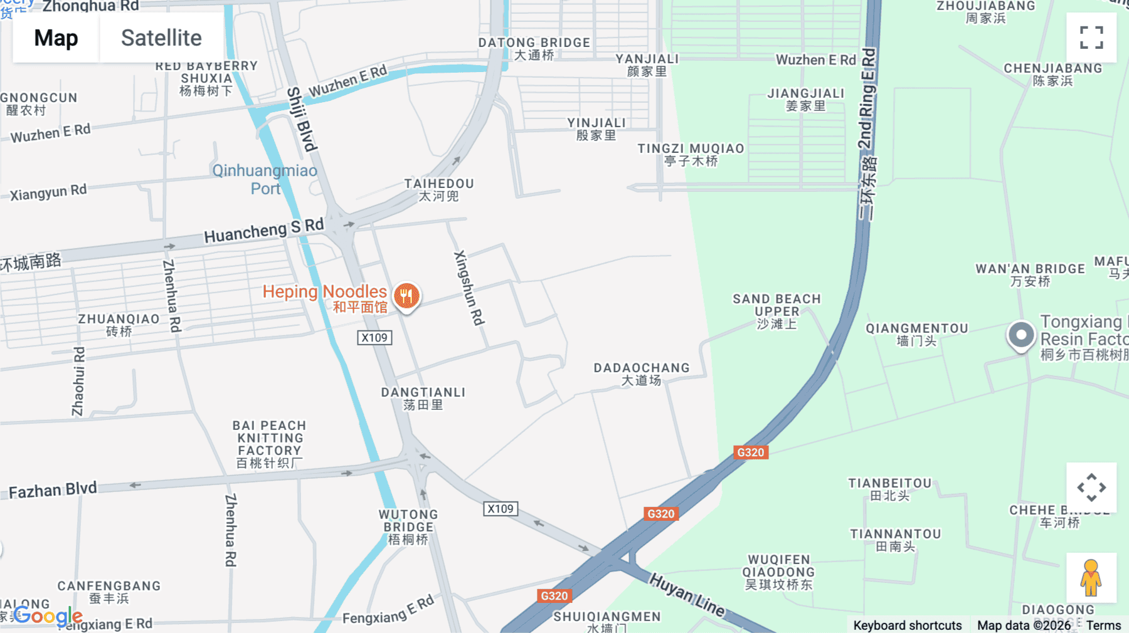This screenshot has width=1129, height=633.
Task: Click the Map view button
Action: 56,38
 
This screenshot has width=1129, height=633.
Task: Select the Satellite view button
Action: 161,38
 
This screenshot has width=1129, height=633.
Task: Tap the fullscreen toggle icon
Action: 1091,38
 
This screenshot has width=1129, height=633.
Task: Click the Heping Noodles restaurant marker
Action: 407,296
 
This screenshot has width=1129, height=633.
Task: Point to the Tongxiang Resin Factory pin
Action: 1020,335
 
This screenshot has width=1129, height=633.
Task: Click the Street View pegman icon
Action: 1091,578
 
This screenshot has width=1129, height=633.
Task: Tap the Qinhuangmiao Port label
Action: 265,179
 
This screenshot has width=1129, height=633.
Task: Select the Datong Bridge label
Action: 534,48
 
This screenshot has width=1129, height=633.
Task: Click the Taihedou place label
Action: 439,189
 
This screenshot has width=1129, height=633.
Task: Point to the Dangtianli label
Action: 423,398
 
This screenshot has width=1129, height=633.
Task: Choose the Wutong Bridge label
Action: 408,526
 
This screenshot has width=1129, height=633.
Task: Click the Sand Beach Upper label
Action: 777,311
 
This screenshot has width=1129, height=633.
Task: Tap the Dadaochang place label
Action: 642,374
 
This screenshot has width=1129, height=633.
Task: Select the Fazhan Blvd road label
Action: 53,490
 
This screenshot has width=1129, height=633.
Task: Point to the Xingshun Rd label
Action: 469,288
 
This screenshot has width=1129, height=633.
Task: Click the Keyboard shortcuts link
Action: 907,625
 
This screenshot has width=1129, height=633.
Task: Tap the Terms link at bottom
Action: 1103,625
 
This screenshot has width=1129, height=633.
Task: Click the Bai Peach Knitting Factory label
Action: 270,444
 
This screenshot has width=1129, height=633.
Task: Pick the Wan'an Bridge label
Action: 1030,275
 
